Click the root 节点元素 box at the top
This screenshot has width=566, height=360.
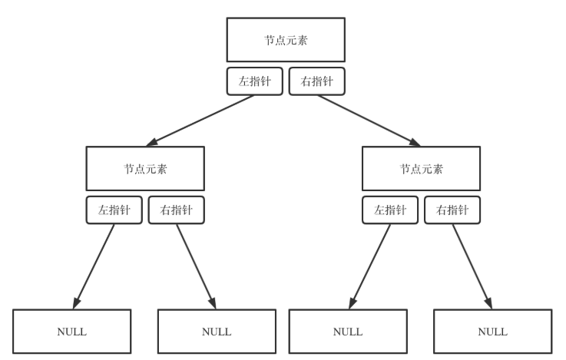pos(283,40)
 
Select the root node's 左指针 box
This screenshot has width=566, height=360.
pos(255,81)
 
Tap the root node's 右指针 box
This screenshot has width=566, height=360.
pos(316,81)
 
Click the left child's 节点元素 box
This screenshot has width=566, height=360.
pos(146,168)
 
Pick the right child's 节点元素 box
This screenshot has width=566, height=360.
pos(421,168)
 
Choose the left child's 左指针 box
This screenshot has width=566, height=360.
pos(114,210)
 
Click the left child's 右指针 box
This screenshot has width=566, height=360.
pos(177,210)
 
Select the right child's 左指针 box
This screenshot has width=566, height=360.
pos(389,210)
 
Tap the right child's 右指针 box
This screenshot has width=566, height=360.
pos(452,210)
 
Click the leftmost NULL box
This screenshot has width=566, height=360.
pos(72,332)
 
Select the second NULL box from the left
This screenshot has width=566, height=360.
pos(216,332)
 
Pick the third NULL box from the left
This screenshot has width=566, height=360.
pos(348,332)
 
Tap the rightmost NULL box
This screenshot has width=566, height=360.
pos(492,332)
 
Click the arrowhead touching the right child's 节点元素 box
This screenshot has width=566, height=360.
pos(415,143)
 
